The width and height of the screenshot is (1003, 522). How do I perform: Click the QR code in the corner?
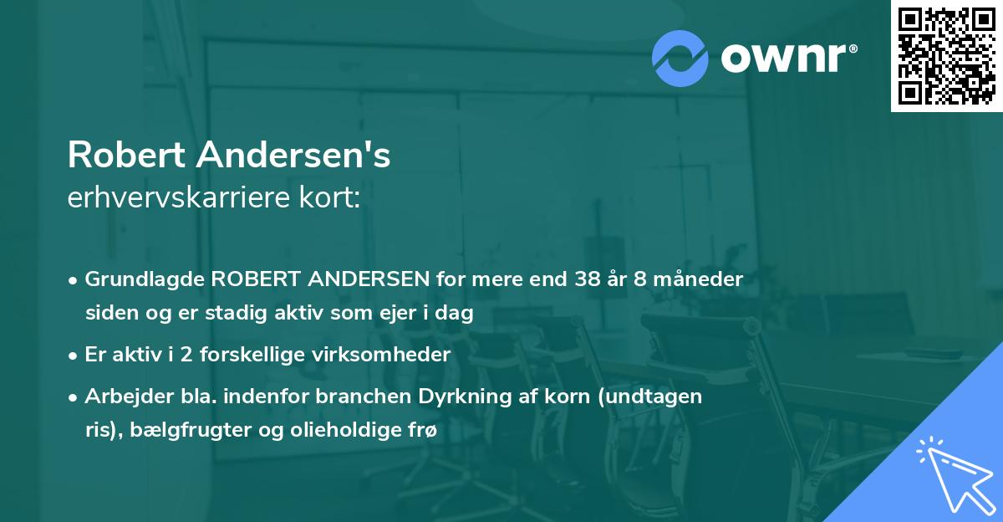pyautogui.click(x=946, y=56)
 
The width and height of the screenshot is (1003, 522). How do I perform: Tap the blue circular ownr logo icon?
pyautogui.click(x=680, y=59)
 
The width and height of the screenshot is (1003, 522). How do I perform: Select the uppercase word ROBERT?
pyautogui.click(x=256, y=279)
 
